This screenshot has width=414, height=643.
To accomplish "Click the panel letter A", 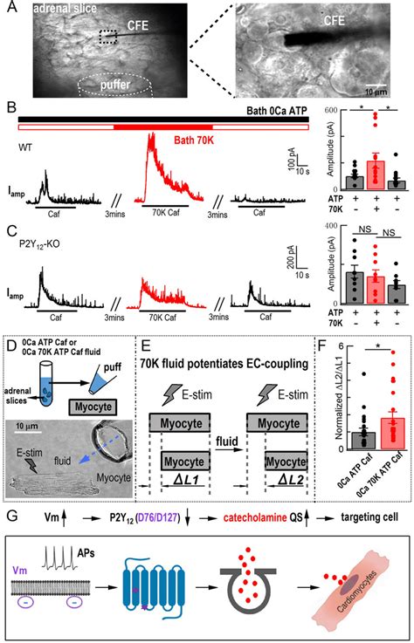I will click(9, 8).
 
